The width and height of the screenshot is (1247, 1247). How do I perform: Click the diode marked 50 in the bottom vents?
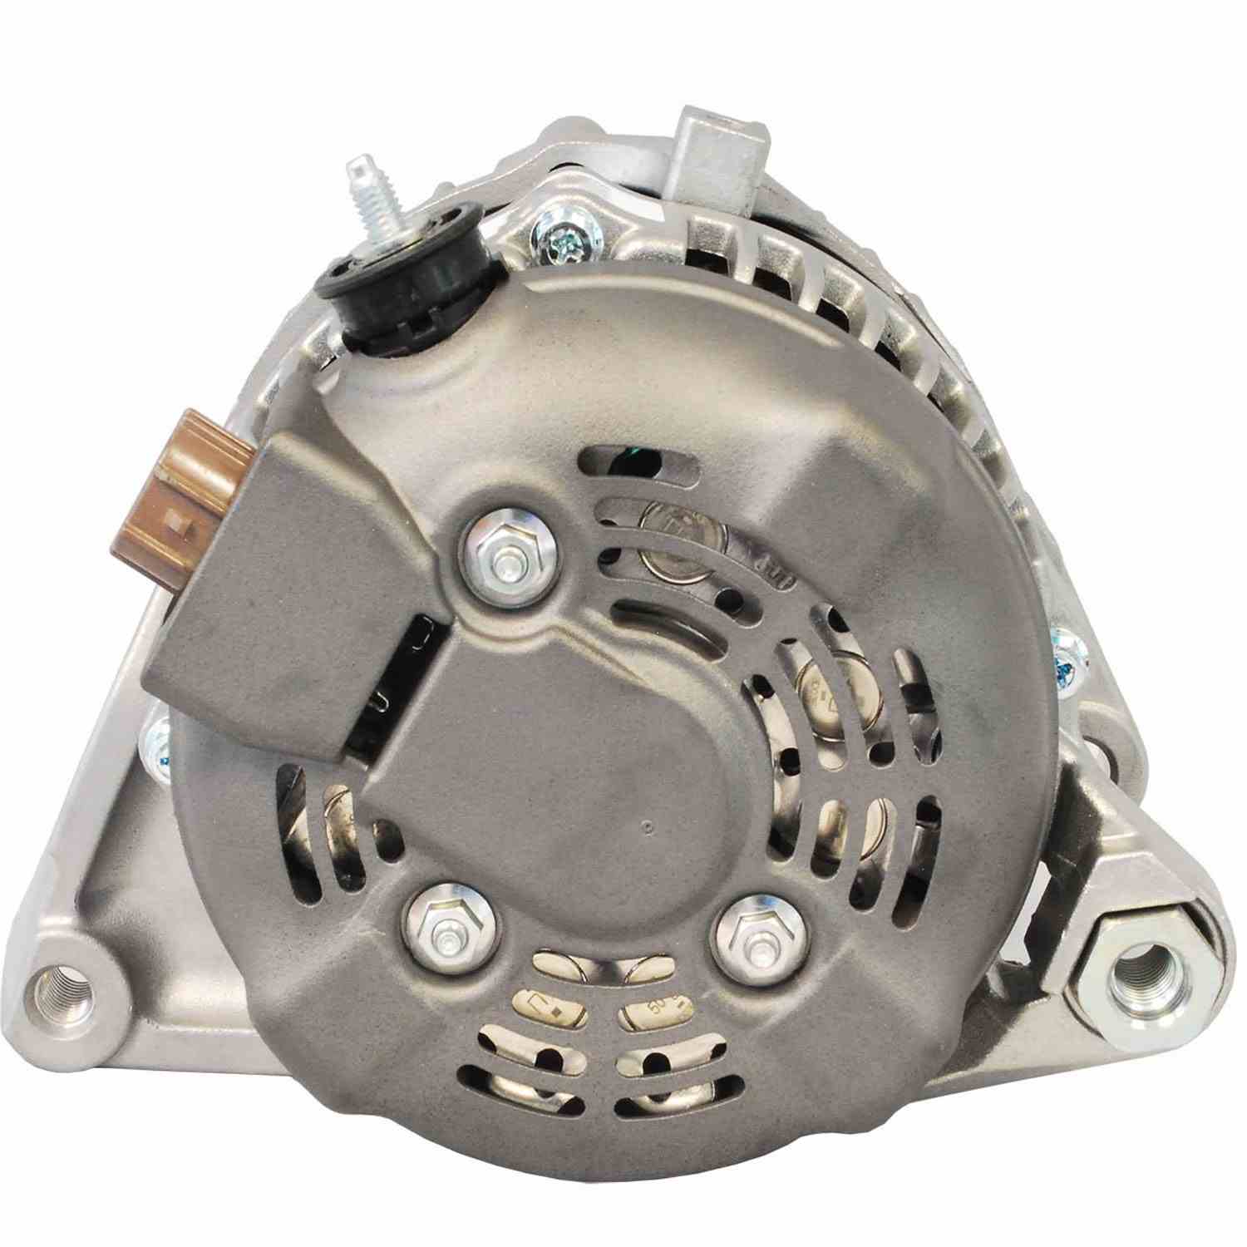point(657,1008)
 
